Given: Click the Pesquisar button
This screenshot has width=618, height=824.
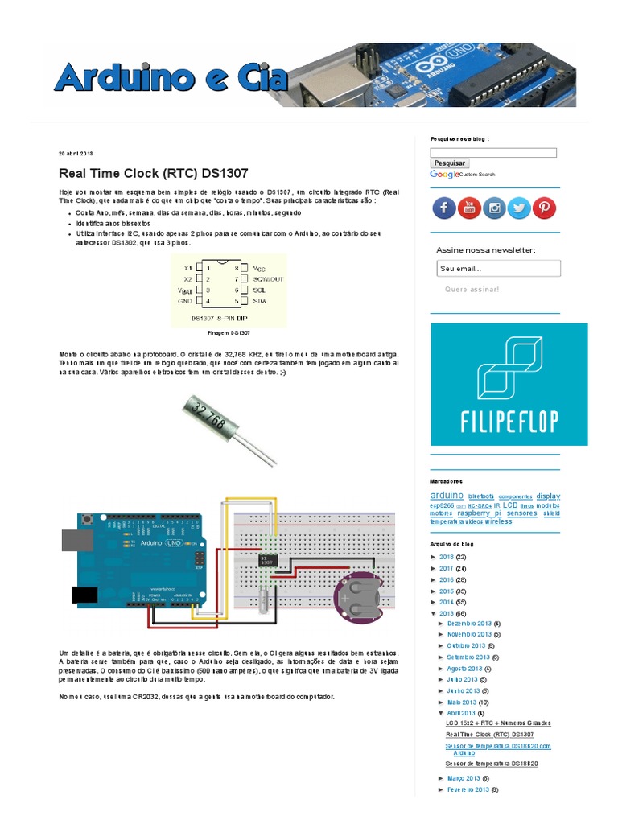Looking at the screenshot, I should (450, 163).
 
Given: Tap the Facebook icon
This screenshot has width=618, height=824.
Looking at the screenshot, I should (444, 208).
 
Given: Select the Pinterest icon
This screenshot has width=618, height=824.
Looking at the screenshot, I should (544, 208).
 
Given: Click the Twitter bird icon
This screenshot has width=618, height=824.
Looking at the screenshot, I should (519, 208).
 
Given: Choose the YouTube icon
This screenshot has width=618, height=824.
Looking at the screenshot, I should (469, 208).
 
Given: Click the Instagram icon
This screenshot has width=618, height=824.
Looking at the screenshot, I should (494, 208).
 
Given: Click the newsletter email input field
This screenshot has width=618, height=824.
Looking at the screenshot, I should (498, 269).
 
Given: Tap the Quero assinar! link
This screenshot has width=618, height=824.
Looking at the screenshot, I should (472, 289).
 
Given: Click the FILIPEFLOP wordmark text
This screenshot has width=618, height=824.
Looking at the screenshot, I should (509, 421).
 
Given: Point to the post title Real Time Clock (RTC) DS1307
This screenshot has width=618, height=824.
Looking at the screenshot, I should (154, 173).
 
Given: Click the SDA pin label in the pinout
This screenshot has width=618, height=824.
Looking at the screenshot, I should (260, 300).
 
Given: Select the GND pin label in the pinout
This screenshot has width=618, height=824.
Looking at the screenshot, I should (185, 300).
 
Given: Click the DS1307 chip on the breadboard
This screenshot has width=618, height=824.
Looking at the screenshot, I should (268, 559).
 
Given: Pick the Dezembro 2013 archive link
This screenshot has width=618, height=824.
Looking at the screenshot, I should (468, 624).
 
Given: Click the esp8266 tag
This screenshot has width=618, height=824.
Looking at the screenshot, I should (443, 505).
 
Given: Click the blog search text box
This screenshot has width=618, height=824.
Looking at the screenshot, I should (493, 152).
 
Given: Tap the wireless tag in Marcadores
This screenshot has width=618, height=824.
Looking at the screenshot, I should (498, 521).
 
